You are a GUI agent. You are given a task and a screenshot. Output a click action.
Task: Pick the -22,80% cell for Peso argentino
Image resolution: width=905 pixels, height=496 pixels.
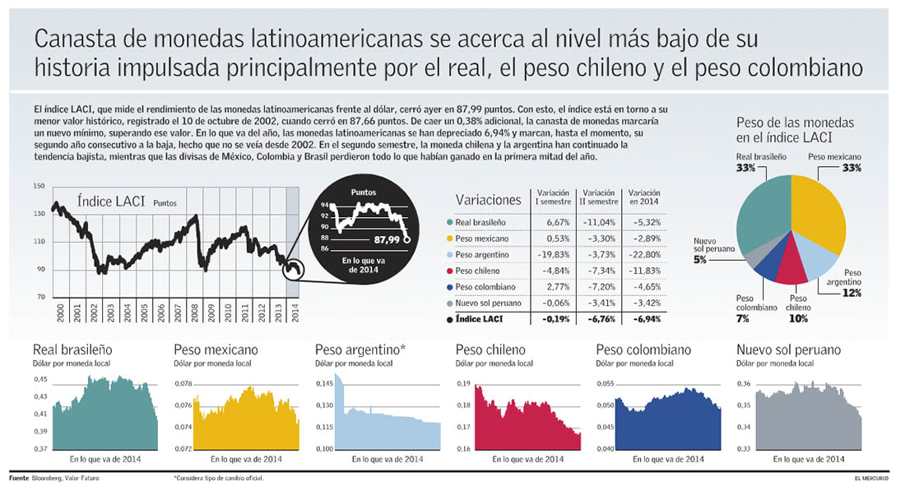643,254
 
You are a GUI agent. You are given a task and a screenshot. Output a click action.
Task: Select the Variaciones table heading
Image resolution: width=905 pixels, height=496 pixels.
488,200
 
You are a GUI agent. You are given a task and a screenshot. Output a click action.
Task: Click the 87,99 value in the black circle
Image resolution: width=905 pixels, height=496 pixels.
387,240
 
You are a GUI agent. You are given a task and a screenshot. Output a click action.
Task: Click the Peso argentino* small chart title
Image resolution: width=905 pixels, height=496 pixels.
360,350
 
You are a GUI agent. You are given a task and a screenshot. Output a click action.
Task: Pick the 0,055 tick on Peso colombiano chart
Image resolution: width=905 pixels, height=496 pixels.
605,383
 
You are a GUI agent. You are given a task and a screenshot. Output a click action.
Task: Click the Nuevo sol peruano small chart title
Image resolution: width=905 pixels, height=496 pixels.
789,350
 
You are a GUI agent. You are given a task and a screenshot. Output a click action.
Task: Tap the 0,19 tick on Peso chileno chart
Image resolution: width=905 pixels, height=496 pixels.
463,383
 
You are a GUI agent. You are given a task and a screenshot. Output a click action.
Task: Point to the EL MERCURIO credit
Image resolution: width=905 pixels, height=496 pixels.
874,478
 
